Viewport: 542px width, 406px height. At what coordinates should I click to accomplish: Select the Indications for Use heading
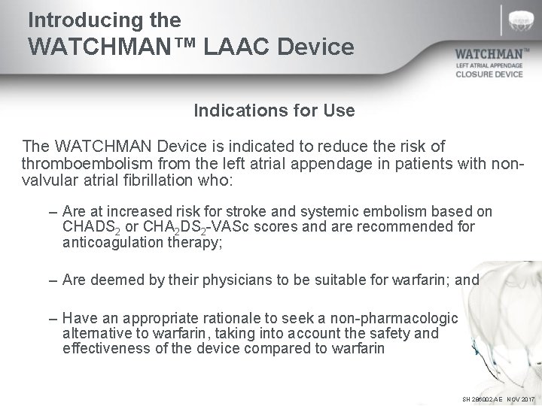274,111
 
